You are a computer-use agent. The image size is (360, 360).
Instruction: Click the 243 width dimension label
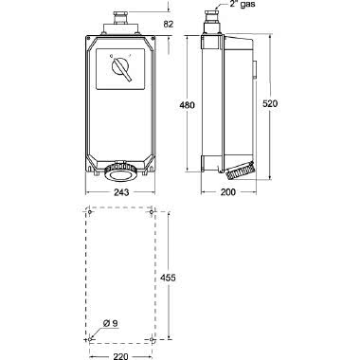click(121, 192)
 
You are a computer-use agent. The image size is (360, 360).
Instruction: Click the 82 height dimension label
click(169, 24)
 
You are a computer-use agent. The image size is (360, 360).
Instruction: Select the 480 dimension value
click(188, 105)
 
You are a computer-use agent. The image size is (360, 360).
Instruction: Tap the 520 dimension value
click(270, 103)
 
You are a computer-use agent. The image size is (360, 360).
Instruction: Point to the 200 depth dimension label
click(228, 192)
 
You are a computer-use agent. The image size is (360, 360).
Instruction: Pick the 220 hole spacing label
click(120, 356)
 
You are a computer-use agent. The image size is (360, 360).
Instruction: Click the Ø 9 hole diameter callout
click(110, 323)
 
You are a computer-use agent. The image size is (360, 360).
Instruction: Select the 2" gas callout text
click(243, 4)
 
